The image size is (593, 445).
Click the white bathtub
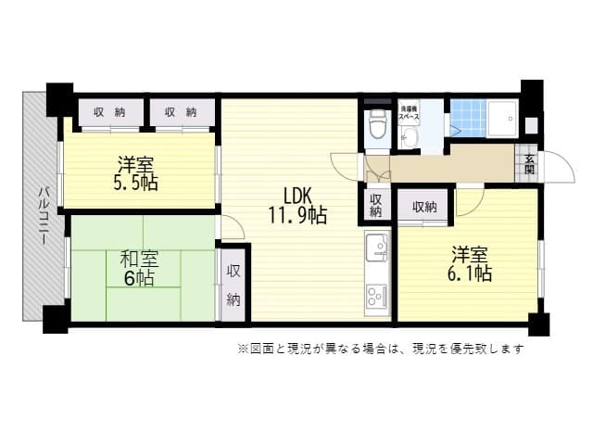pos(505,118)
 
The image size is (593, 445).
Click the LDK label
pos(297,196)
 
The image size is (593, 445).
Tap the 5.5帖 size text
pos(136,183)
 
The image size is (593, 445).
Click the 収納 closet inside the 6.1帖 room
pos(424,206)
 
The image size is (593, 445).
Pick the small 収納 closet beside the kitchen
pos(374,205)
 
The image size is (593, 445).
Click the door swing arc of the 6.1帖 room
pos(469,198)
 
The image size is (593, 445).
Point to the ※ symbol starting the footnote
pos(243,350)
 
